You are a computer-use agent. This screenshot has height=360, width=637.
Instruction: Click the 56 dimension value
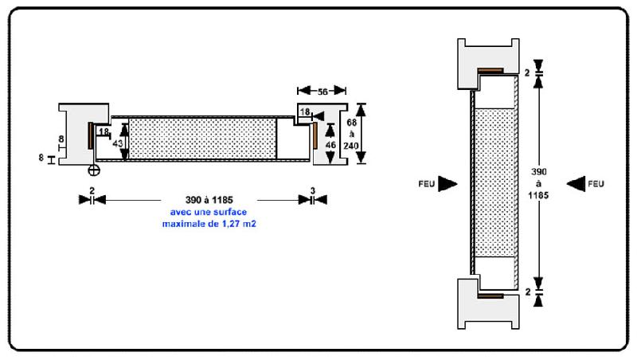(322, 92)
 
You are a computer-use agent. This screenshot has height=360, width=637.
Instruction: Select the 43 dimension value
(118, 143)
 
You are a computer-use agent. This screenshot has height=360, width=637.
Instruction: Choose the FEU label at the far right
(596, 184)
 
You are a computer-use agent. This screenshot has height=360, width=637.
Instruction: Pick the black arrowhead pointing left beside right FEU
(576, 184)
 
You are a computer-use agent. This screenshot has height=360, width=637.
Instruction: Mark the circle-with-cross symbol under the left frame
(94, 170)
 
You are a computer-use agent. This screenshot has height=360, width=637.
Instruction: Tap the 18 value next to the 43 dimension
(104, 131)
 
